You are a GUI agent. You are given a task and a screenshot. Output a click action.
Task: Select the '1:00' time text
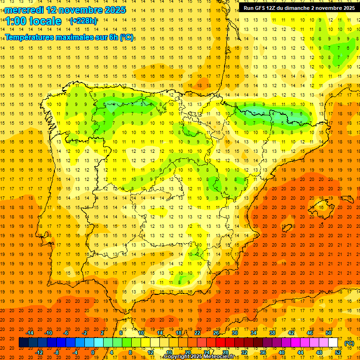pos(15,21)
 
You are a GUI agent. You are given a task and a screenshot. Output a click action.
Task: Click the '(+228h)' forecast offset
pos(83,21)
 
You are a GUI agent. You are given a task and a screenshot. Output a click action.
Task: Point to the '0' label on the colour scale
pos(93,352)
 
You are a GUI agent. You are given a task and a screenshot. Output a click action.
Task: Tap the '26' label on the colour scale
pos(216,333)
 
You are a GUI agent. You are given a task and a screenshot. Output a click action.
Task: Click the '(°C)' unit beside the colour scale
pos(349,343)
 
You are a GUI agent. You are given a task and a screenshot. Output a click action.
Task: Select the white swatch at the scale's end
pos(333,343)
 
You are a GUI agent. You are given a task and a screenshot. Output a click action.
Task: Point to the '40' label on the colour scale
pos(281,352)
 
